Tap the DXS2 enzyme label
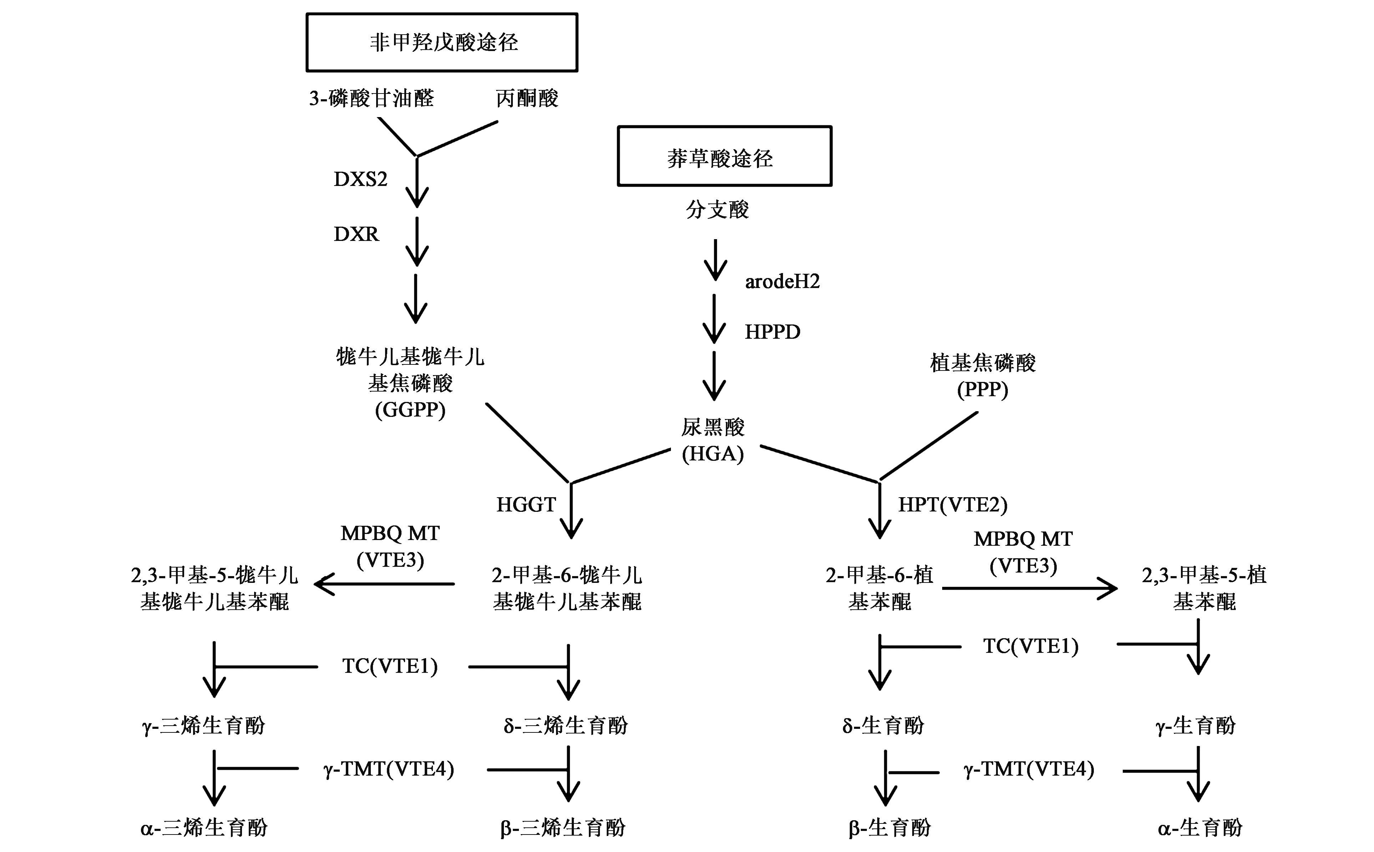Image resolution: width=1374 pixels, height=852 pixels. (360, 179)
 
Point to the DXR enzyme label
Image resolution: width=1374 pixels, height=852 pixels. (356, 234)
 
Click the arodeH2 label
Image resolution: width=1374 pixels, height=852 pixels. (782, 281)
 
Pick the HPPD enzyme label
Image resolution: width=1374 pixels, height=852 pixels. (772, 332)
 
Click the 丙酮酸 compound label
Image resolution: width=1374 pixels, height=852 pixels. (527, 99)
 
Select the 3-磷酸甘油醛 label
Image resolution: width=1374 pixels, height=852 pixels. (372, 99)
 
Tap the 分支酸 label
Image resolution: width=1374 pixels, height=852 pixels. (717, 210)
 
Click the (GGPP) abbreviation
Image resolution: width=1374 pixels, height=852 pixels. (410, 410)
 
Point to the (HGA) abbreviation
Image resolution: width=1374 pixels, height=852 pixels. (713, 454)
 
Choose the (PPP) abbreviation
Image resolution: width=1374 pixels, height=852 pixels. (982, 389)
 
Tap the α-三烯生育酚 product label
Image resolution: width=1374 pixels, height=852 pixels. (204, 827)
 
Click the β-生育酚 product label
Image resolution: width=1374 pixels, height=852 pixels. (889, 827)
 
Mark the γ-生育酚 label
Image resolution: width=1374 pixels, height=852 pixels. (1196, 725)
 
